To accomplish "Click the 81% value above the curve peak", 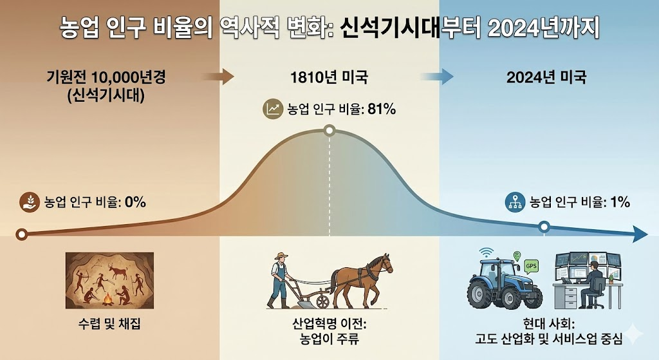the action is pos(382,109).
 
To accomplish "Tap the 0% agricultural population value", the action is pos(135,202).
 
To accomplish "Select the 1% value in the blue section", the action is pos(620,202).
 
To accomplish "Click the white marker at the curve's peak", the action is pos(330,130).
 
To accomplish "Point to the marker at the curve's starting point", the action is pos(21,234).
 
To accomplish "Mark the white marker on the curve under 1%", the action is pos(544,227).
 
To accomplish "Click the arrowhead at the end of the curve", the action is pos(640,234).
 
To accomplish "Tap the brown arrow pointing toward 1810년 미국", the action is pos(218,77).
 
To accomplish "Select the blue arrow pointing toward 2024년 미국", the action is pos(437,77).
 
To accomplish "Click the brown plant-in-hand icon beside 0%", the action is pos(30,202).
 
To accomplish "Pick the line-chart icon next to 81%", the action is pos(273,109).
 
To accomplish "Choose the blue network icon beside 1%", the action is pos(514,202).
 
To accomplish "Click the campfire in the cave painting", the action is pos(108,299).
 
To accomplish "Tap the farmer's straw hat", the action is pos(281,255).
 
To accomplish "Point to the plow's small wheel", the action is pos(323,301).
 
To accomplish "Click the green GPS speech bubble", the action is pos(531,266).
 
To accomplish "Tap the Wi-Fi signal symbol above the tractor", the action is pos(487,252).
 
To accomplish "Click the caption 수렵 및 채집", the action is pos(109,324).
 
